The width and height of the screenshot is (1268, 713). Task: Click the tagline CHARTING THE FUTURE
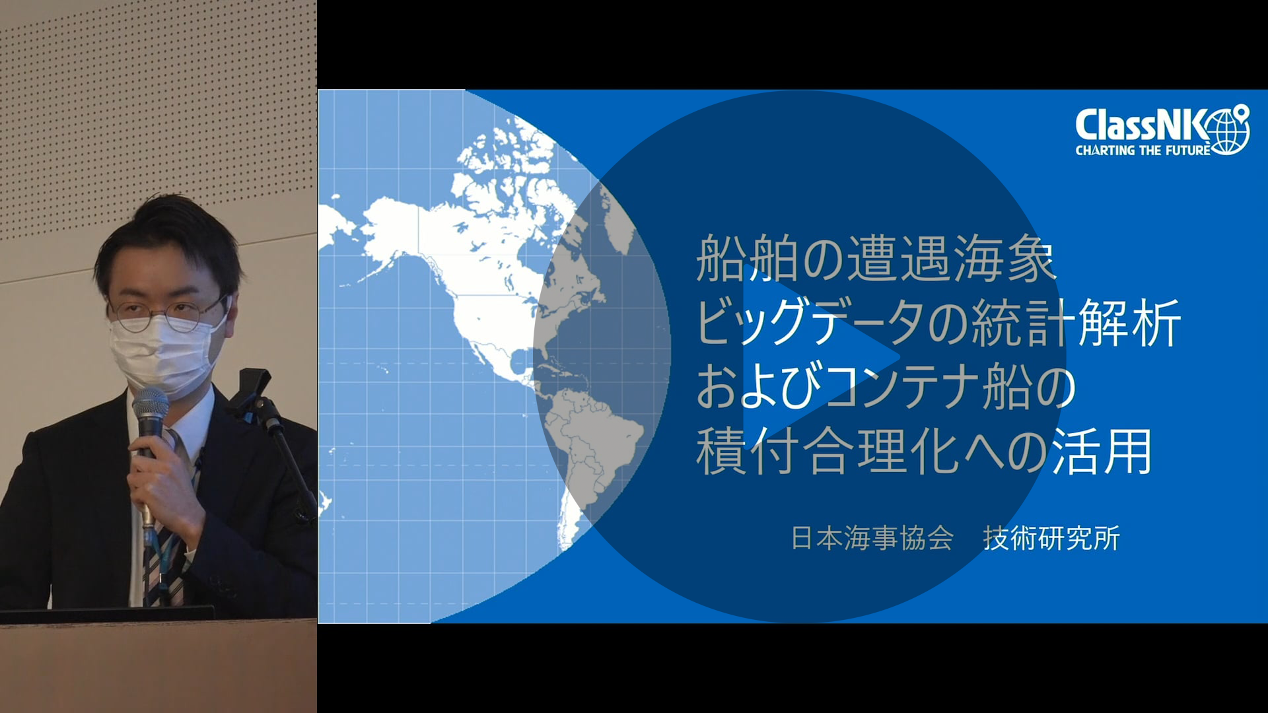1143,151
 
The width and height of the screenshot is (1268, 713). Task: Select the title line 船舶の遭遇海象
876,259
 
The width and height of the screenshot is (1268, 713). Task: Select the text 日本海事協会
872,539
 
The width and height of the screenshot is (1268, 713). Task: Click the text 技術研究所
1051,539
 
